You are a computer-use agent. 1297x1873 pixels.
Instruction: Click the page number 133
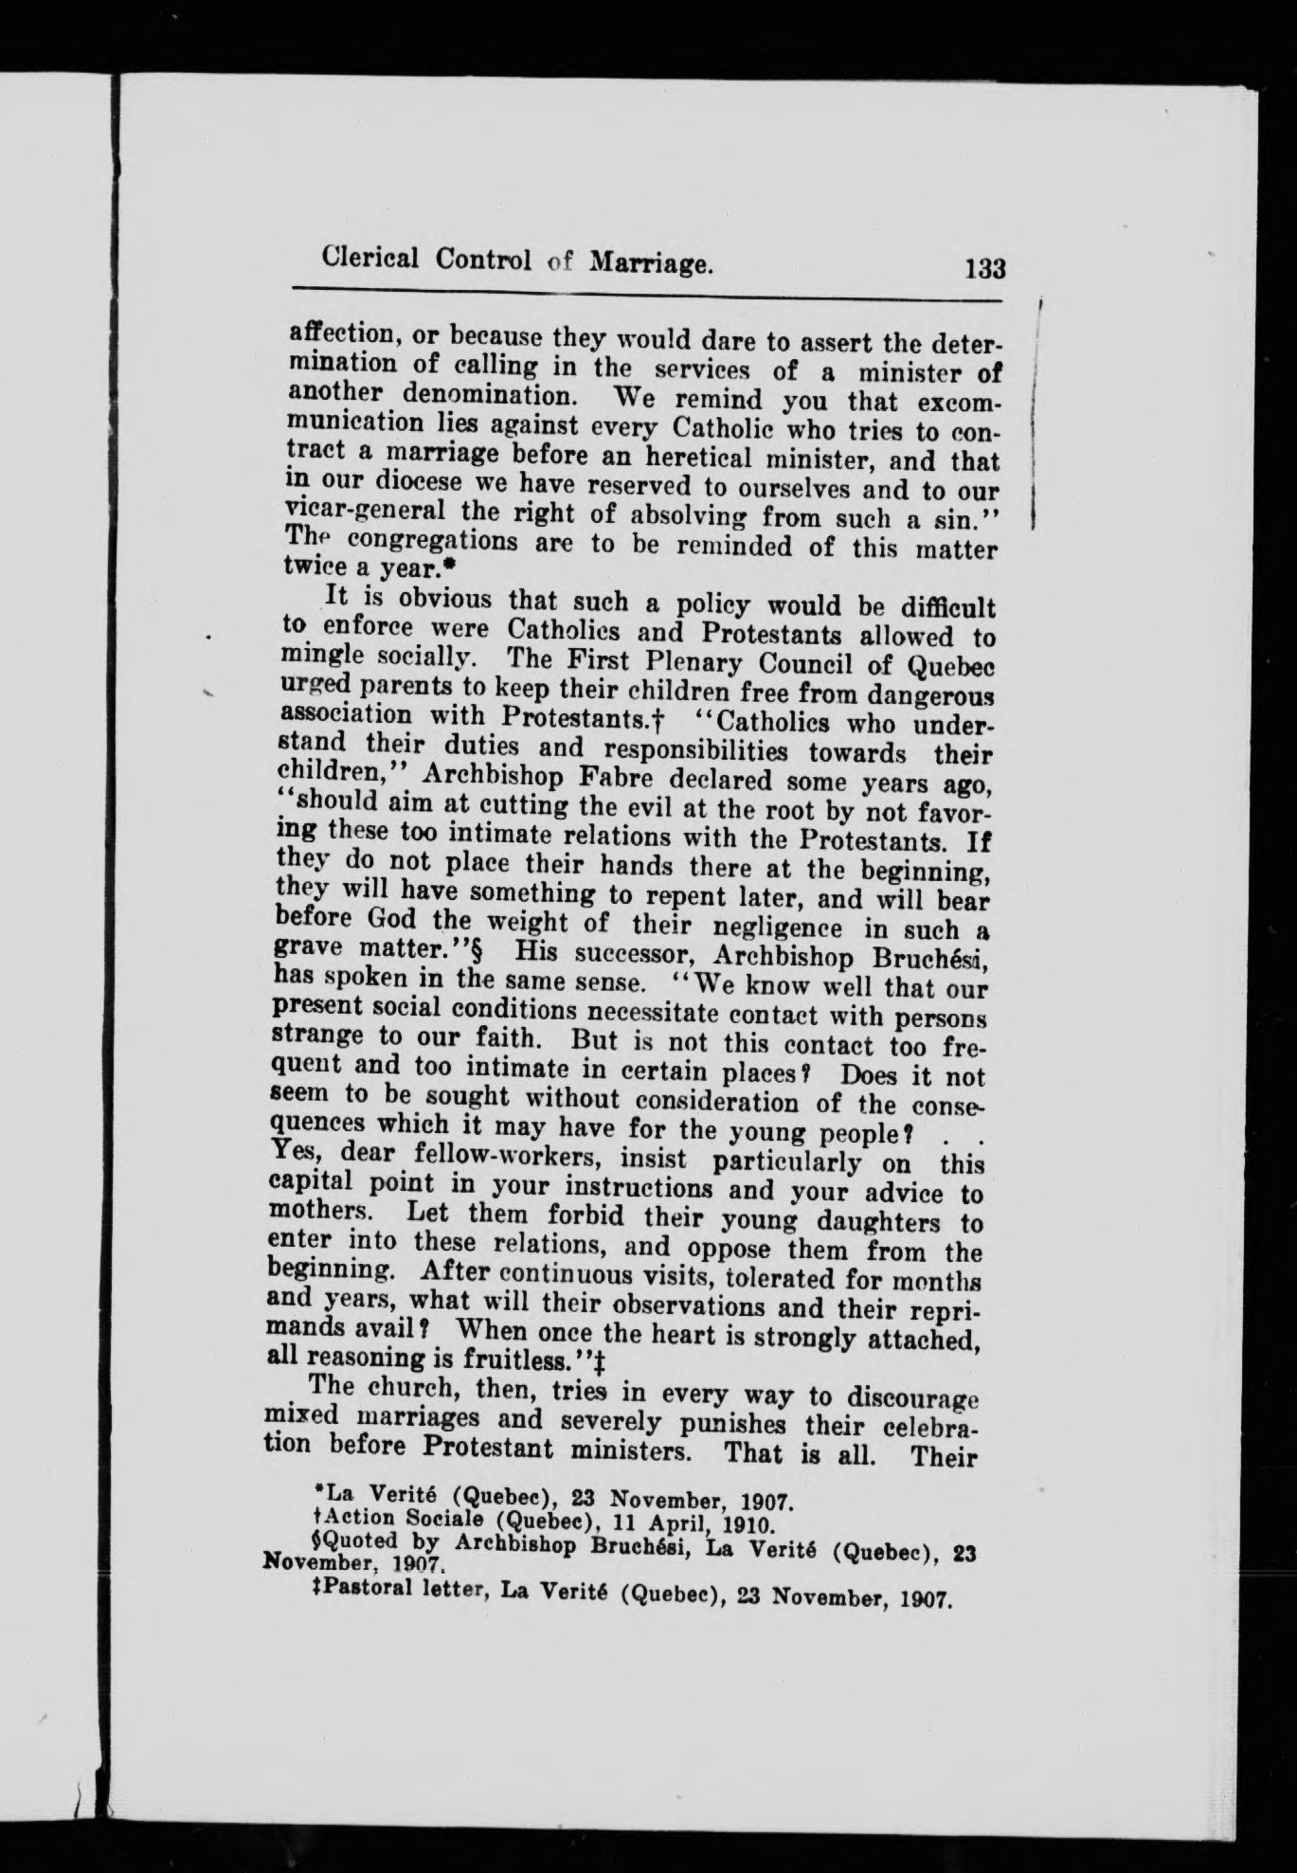pos(984,269)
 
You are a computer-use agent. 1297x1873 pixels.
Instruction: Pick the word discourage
pos(913,1396)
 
